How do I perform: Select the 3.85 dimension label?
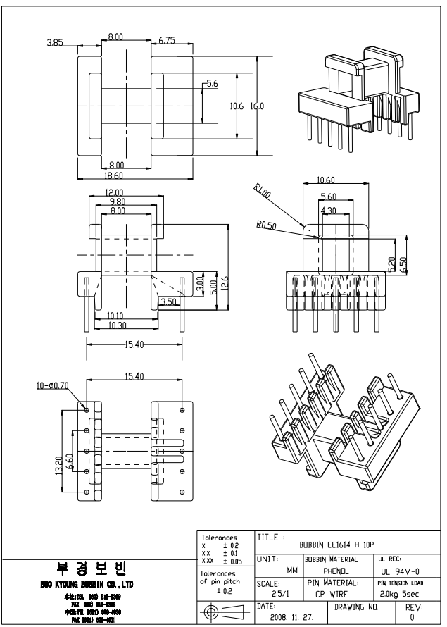(x=55, y=43)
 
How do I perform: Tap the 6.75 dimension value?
(x=167, y=41)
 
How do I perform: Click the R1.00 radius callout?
(x=263, y=190)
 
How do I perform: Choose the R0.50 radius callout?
(x=266, y=225)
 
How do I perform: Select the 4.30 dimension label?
(x=327, y=211)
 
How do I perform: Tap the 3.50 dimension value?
(x=168, y=302)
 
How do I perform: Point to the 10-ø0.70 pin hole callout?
(x=53, y=386)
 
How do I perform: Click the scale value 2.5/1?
(x=269, y=594)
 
